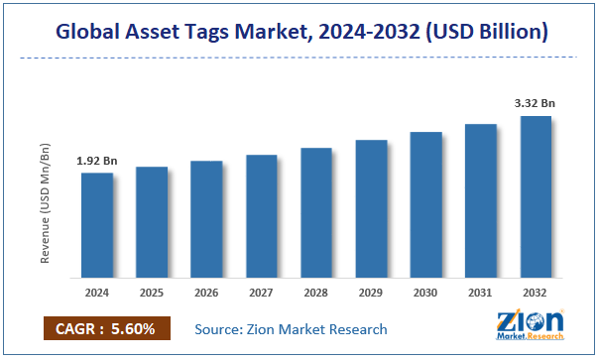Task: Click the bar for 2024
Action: pos(97,225)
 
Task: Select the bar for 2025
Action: pos(152,222)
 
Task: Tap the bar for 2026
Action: pos(206,219)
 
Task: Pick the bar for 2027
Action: pos(262,216)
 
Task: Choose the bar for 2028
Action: pos(316,212)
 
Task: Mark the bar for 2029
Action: pos(371,208)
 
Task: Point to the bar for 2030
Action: pos(425,204)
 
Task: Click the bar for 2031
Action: pos(480,200)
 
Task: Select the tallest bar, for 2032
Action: pos(536,196)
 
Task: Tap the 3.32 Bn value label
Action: pos(536,102)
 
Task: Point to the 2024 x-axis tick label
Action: pos(97,294)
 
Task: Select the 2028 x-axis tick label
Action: pos(316,294)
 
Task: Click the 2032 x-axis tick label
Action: pos(536,294)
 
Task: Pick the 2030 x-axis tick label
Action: pos(425,294)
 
